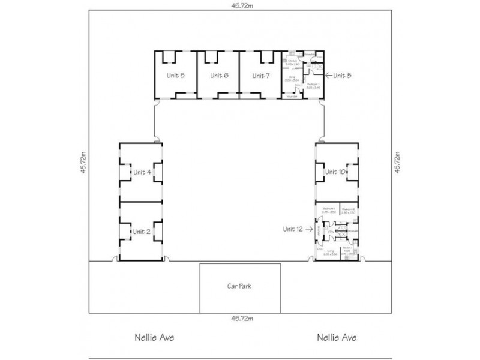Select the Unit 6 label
(x=218, y=76)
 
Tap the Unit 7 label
(x=261, y=76)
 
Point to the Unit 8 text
(x=343, y=75)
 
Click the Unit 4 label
(x=142, y=172)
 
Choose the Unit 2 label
(x=142, y=232)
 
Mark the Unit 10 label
(x=335, y=172)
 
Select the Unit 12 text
(x=294, y=229)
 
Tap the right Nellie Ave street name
(x=337, y=338)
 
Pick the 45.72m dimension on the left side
(x=83, y=162)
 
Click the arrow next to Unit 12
(x=310, y=229)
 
